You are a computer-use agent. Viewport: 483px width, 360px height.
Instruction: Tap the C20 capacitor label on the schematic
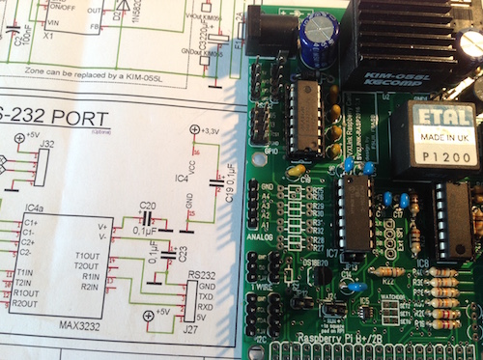click(147, 206)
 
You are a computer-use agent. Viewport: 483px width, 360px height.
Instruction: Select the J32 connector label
click(45, 144)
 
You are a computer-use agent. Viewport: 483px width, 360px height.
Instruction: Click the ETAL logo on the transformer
click(433, 117)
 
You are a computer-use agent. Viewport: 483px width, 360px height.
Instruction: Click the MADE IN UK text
click(433, 136)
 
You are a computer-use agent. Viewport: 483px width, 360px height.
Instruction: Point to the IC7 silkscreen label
click(331, 254)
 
